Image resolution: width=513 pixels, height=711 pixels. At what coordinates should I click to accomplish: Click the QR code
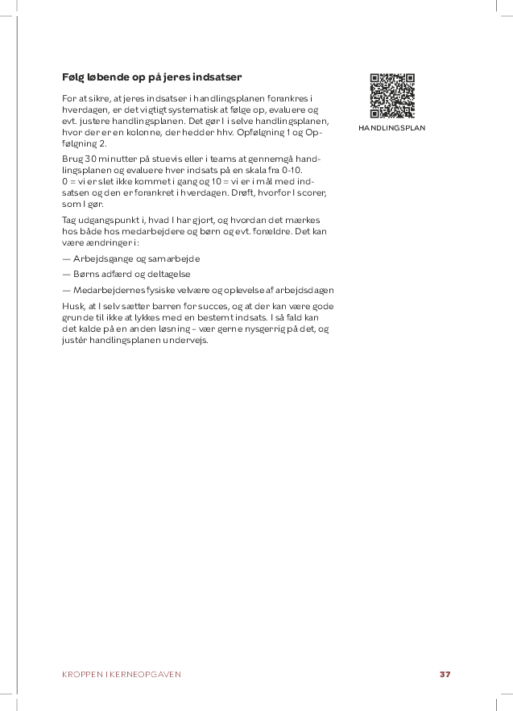tap(392, 96)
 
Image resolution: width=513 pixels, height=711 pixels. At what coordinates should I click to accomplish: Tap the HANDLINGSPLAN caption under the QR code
tap(392, 128)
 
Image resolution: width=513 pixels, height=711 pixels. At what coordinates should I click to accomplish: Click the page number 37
tap(445, 674)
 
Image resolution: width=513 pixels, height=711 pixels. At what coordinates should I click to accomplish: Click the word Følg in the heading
tap(73, 77)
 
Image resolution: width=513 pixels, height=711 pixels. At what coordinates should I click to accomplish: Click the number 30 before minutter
tap(89, 159)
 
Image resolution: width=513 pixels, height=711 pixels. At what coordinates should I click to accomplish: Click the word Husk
tap(72, 306)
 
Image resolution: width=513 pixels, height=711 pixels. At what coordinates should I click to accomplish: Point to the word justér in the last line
tap(74, 340)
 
